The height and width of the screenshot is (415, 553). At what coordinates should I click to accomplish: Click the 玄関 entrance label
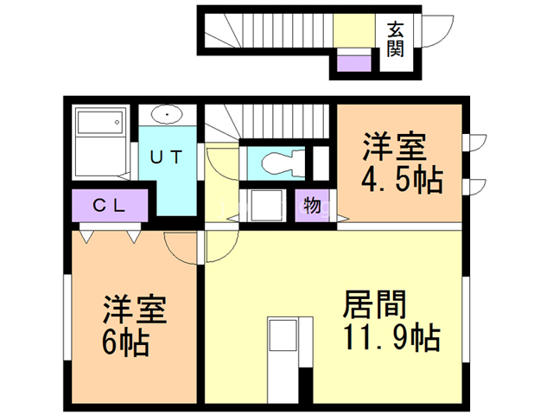point(396,39)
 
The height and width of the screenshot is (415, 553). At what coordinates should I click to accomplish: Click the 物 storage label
point(312,207)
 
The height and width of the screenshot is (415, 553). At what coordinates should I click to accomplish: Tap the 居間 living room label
point(375,304)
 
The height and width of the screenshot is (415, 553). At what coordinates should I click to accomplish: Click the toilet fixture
point(281,162)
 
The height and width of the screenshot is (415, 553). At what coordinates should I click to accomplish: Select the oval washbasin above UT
point(166,115)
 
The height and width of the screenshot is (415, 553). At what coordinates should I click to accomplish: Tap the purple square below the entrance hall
point(353,62)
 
